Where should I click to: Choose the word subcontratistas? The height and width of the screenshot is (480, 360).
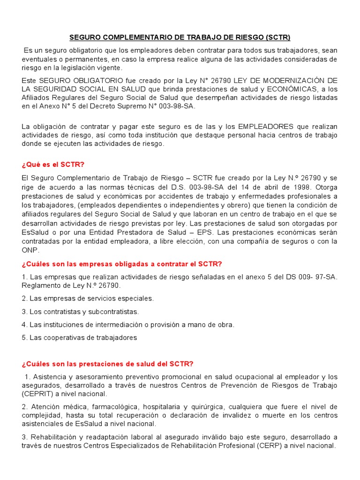click(x=111, y=311)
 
